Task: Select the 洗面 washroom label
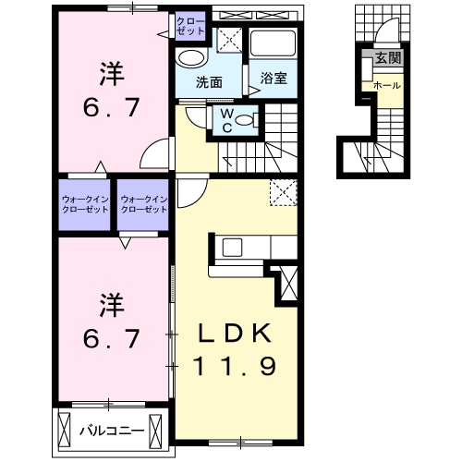pyautogui.click(x=208, y=80)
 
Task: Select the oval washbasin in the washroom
pyautogui.click(x=191, y=57)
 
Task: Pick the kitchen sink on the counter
pyautogui.click(x=230, y=247)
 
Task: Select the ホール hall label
pyautogui.click(x=385, y=85)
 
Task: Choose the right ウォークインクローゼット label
pyautogui.click(x=143, y=203)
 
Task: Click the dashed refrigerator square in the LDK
pyautogui.click(x=281, y=192)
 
